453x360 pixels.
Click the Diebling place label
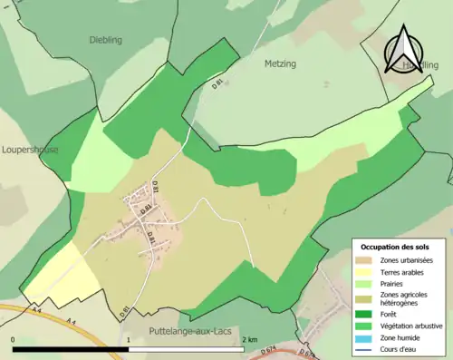105,40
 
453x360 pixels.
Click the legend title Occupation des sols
395,247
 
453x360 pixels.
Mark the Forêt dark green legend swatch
365,315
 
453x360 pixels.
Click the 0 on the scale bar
14,339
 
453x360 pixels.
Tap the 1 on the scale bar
130,339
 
